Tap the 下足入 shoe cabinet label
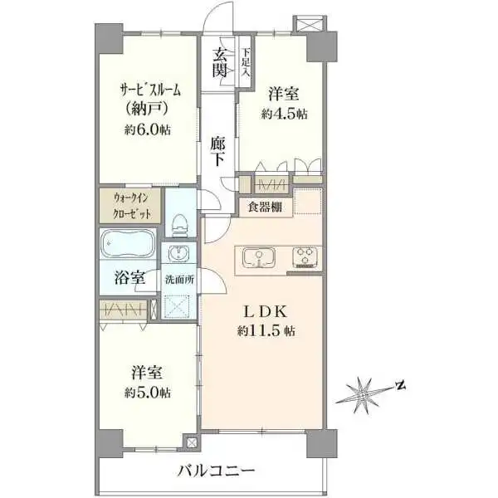[x=246, y=63]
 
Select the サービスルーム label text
[x=149, y=90]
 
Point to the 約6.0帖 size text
[x=149, y=129]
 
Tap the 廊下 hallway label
[x=217, y=150]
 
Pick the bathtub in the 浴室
[x=129, y=247]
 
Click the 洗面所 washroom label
[x=179, y=280]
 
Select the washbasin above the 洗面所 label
[x=179, y=254]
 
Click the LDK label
[x=265, y=312]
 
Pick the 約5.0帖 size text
[x=149, y=392]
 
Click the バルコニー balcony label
[x=215, y=471]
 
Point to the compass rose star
[x=363, y=392]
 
